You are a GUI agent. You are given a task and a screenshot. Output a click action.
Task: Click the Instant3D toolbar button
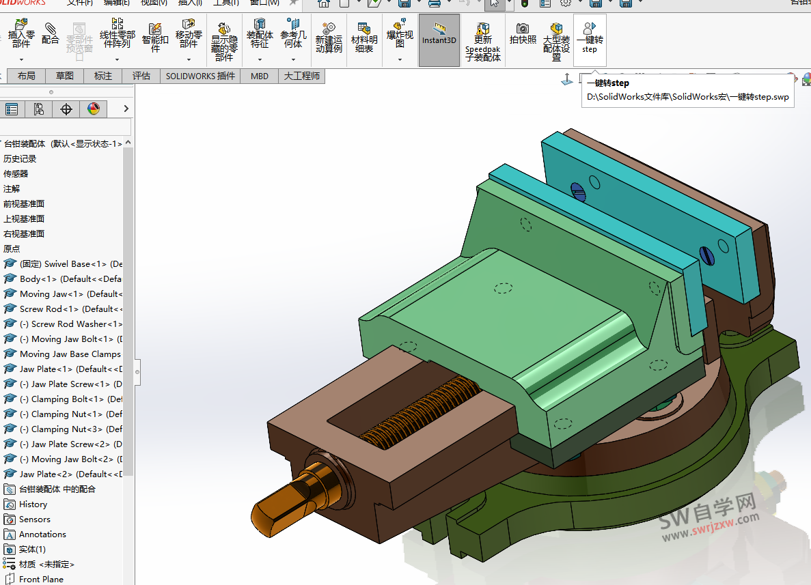coord(439,40)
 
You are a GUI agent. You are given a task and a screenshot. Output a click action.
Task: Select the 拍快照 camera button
coord(523,34)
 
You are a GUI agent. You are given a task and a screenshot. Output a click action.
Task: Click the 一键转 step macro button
coord(589,38)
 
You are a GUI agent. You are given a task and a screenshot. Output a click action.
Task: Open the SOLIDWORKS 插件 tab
coord(200,76)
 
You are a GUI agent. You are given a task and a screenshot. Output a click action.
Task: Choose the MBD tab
coord(260,76)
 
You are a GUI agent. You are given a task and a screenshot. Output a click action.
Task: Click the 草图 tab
coord(65,76)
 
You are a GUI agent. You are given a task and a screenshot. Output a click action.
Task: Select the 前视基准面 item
coord(24,203)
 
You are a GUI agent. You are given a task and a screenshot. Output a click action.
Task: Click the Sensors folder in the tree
coord(34,519)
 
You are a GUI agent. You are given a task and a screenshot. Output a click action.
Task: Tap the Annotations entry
coord(42,534)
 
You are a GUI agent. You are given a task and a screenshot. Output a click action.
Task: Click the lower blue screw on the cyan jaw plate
coord(707,256)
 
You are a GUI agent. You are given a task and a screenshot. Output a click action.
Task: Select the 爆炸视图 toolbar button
coord(400,40)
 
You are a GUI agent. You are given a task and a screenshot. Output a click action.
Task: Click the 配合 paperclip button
coord(51,34)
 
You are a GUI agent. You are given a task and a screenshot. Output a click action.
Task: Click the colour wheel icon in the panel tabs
coord(94,109)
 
